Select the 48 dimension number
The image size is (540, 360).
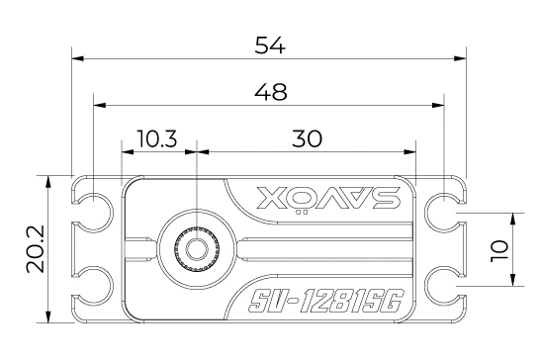270,91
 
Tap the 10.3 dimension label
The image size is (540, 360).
158,139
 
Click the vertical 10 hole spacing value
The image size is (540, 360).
502,249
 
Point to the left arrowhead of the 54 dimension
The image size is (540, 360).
76,56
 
